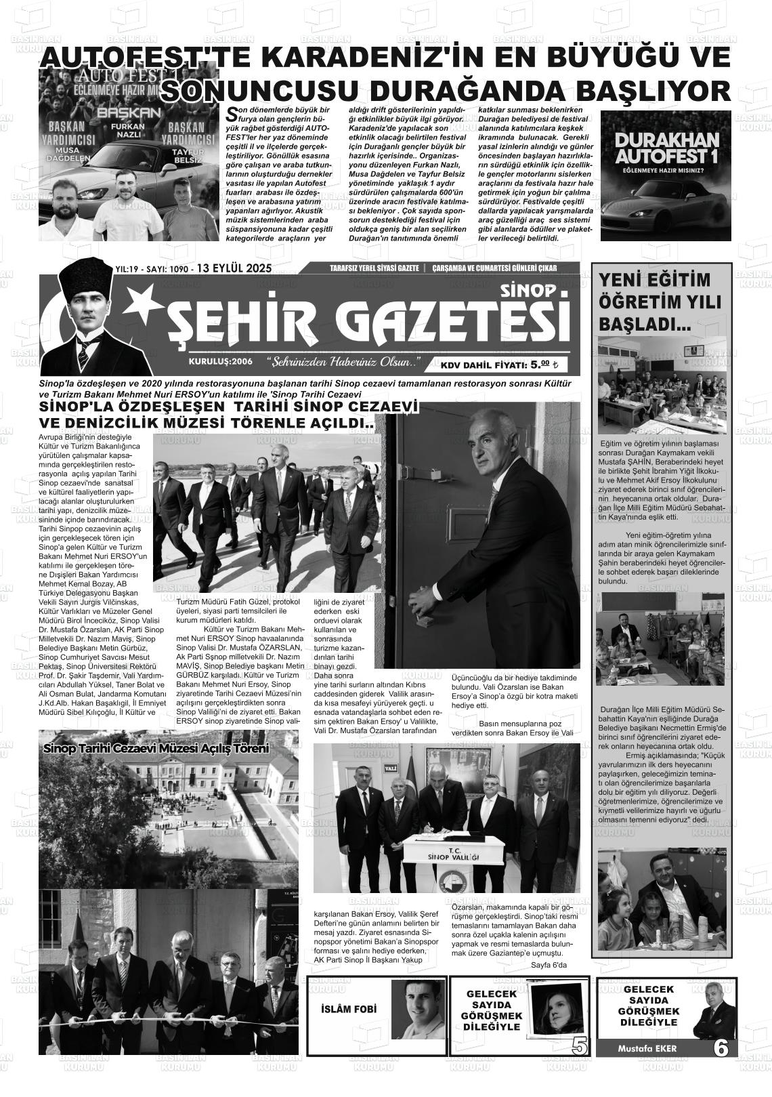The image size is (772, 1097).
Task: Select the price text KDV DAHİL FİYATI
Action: [x=484, y=365]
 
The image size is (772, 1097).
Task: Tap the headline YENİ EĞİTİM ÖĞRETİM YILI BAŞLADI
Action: [x=650, y=302]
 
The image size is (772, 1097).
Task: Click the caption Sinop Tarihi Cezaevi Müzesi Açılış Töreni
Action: [x=156, y=749]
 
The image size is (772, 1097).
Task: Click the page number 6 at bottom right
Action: [x=720, y=1048]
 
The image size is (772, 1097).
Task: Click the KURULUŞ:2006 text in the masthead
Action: [x=220, y=362]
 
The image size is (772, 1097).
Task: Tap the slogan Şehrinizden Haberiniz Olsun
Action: [x=343, y=362]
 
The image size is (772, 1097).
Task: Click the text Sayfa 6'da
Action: [x=549, y=965]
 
